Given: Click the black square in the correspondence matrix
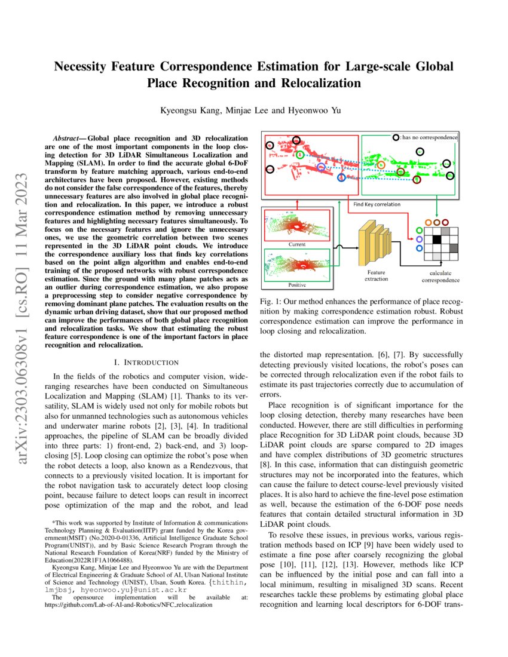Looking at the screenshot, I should point(437,240).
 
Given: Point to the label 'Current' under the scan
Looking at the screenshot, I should point(296,244).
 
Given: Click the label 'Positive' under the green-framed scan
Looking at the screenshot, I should point(297,284).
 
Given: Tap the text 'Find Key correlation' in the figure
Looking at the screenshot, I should point(377,204).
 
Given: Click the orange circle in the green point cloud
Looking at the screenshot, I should point(381,165).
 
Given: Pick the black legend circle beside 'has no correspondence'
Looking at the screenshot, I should point(396,137).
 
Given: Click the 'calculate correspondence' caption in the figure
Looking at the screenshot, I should point(440,277).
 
